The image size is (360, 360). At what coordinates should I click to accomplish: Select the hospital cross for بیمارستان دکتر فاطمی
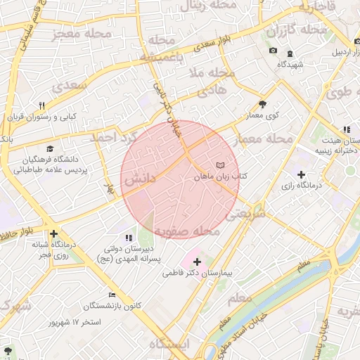197,262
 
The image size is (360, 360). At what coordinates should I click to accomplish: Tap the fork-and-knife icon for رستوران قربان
42,106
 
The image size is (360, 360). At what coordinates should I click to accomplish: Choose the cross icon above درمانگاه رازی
301,174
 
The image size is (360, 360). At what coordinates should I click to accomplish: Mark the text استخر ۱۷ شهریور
75,322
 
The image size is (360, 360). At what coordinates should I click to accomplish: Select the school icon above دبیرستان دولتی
128,238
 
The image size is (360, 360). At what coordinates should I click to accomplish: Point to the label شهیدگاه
290,64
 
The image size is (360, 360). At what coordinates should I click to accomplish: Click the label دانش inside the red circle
139,180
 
